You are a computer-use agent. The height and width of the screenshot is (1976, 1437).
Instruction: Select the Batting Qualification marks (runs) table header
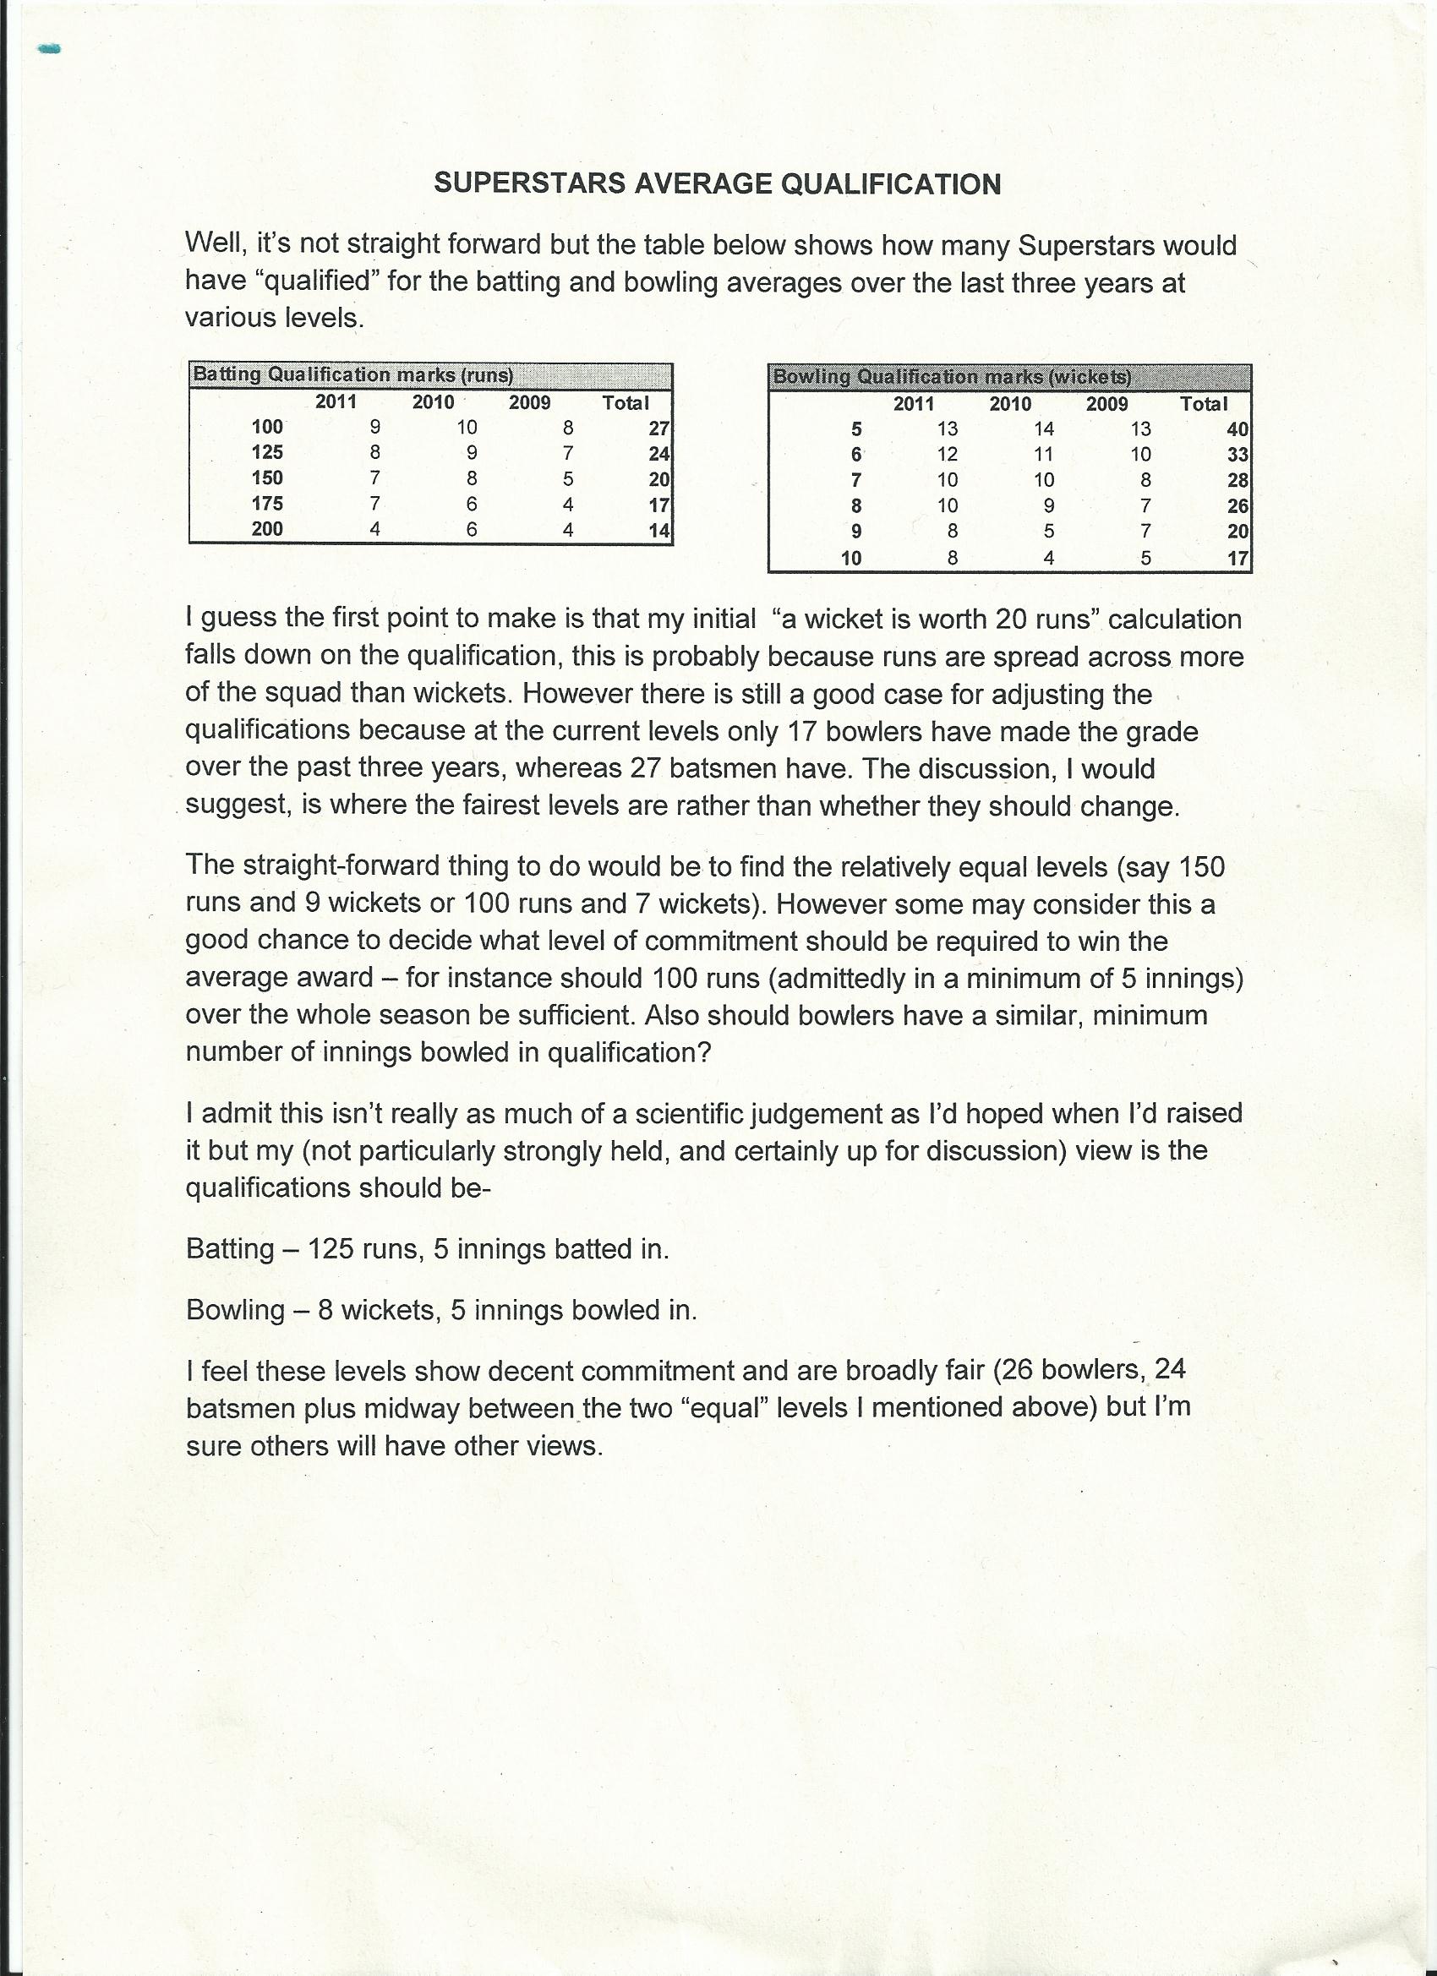(x=353, y=374)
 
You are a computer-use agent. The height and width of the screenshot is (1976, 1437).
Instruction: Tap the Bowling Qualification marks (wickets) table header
(x=953, y=377)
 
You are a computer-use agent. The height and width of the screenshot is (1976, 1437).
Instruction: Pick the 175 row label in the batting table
(x=266, y=504)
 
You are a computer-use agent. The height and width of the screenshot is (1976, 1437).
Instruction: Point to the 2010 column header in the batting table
(x=433, y=401)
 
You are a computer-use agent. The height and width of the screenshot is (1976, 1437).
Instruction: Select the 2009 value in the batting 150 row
(x=568, y=478)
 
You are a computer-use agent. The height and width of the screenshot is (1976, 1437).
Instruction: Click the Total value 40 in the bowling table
(x=1238, y=429)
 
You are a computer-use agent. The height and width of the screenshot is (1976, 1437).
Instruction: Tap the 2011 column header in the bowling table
(x=913, y=403)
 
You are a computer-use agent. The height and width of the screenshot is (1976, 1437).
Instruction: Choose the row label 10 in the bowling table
(x=851, y=559)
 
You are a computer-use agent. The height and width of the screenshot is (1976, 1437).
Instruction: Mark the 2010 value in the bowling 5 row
(x=1044, y=428)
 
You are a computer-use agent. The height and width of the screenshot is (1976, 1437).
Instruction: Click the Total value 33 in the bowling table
(x=1238, y=455)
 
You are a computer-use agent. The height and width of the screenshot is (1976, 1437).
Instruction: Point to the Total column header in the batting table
(x=626, y=402)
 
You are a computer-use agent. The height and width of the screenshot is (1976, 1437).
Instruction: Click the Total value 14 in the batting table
(x=658, y=530)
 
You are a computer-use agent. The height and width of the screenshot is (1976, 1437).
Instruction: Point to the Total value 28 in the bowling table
(x=1238, y=480)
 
